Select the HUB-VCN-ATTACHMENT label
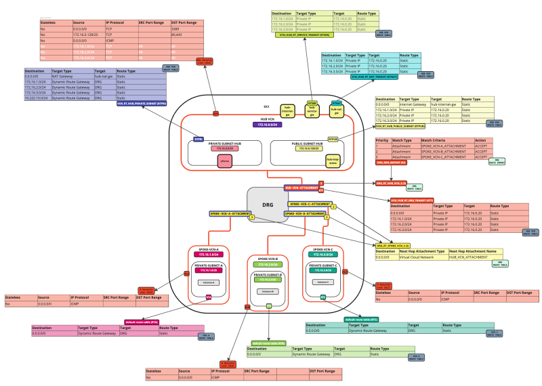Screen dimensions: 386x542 [301, 186]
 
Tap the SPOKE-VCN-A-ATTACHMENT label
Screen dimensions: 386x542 [230, 214]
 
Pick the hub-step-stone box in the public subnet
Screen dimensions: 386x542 [314, 160]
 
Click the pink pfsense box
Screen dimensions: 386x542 [224, 160]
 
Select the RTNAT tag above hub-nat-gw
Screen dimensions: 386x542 [336, 102]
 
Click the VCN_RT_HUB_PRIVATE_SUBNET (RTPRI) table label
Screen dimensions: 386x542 [142, 104]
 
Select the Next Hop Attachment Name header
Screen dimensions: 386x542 [474, 251]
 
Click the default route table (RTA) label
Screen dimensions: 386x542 [141, 322]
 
